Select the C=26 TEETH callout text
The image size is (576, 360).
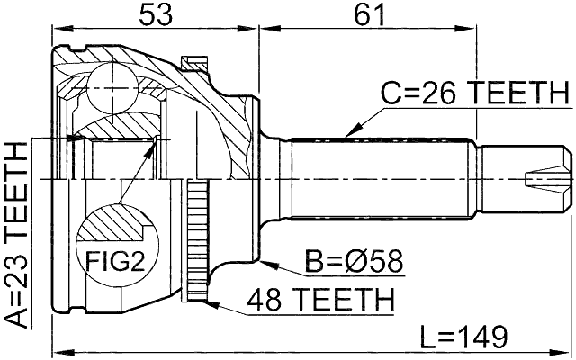[475, 93]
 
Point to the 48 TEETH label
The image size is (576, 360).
[323, 298]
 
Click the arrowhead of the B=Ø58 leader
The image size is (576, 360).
[267, 261]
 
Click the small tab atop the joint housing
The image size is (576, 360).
[191, 63]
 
